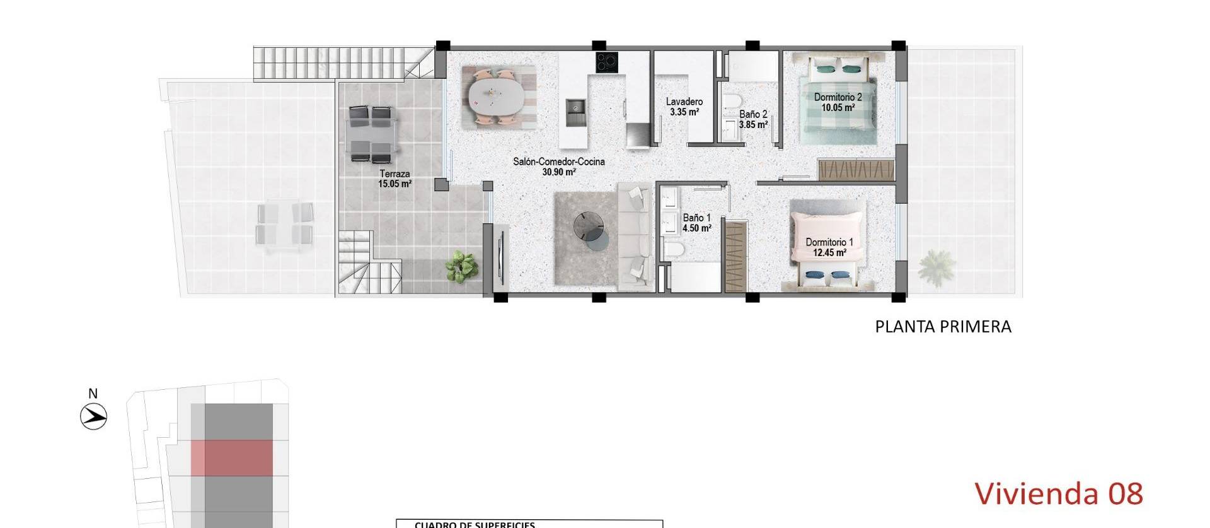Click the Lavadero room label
click(684, 102)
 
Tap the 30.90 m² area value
click(558, 172)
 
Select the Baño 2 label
click(753, 114)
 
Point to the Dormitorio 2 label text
click(838, 97)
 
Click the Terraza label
click(395, 174)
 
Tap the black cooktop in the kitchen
click(607, 62)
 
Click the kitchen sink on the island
click(575, 113)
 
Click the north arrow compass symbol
click(94, 416)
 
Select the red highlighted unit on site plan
click(232, 458)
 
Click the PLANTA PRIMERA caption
click(943, 327)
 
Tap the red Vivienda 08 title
click(1058, 493)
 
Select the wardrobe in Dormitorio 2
click(856, 171)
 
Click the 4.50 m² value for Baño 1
click(696, 228)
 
